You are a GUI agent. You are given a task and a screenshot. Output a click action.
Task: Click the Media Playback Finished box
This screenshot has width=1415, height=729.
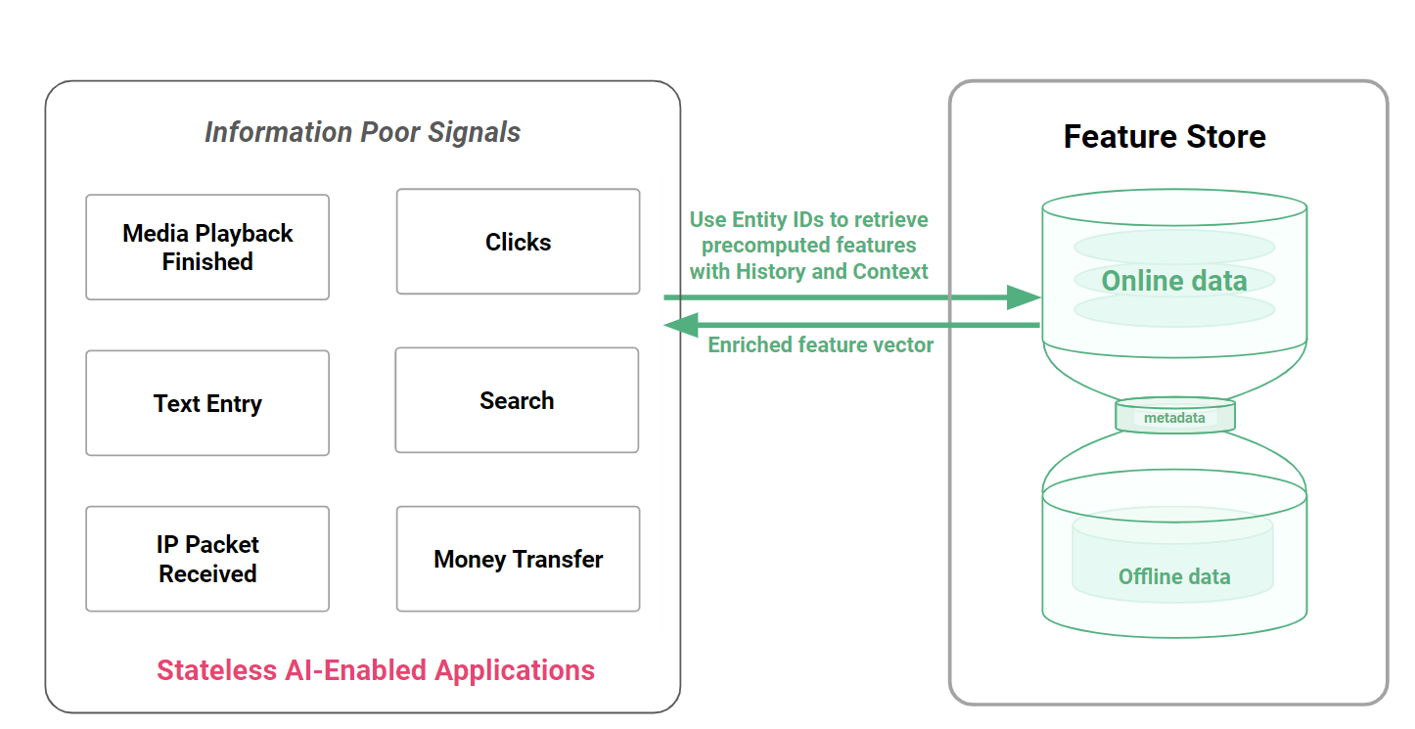click(x=207, y=248)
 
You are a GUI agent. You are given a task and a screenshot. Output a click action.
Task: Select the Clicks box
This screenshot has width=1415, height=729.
click(x=518, y=242)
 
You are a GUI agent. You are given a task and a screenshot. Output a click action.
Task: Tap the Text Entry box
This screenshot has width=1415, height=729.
click(x=207, y=403)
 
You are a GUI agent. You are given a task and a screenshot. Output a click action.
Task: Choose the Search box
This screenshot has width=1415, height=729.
click(x=517, y=400)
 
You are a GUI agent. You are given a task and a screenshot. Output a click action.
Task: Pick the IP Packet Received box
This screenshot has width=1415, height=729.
click(x=207, y=559)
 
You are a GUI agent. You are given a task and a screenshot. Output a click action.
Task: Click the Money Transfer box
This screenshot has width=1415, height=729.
click(x=518, y=559)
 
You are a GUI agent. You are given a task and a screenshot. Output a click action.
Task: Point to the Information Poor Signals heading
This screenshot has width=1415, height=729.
click(x=362, y=132)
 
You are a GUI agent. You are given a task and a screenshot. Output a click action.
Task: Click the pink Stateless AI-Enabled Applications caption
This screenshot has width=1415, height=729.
click(x=376, y=670)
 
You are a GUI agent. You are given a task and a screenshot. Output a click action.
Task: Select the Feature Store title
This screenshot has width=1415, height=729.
click(x=1164, y=136)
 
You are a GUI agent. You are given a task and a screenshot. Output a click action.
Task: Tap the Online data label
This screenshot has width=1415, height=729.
click(x=1174, y=281)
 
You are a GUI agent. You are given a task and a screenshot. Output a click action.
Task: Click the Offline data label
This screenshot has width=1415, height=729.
click(x=1174, y=576)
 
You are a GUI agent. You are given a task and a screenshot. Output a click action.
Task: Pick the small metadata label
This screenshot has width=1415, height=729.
click(x=1174, y=418)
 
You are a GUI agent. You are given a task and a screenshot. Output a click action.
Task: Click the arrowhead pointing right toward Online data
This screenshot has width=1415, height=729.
click(x=1024, y=297)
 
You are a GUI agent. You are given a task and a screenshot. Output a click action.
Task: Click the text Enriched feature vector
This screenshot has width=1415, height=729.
click(x=820, y=344)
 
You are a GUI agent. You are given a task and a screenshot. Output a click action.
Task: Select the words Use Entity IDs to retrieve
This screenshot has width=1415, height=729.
click(x=808, y=219)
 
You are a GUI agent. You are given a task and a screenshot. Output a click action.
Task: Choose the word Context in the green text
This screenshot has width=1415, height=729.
click(x=890, y=271)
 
